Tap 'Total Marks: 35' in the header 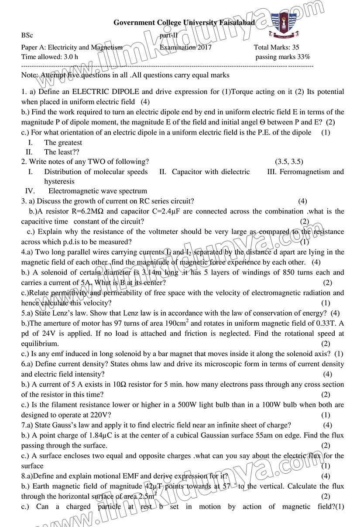(x=276, y=48)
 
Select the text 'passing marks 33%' (x=282, y=57)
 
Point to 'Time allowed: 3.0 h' (x=49, y=57)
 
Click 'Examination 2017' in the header (x=185, y=48)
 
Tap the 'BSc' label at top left (x=27, y=35)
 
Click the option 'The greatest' (x=63, y=142)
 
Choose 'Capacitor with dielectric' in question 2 (x=211, y=172)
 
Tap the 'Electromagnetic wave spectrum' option (x=98, y=191)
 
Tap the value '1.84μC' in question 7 (x=91, y=435)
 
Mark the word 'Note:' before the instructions (x=30, y=75)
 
